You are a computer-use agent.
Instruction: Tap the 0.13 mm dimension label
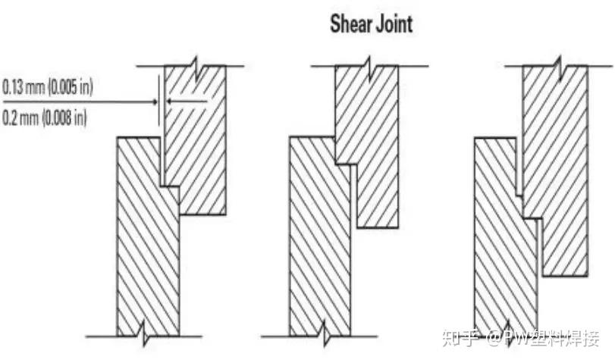(22, 87)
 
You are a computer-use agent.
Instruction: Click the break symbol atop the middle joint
(368, 66)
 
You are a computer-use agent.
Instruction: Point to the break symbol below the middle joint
(324, 333)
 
